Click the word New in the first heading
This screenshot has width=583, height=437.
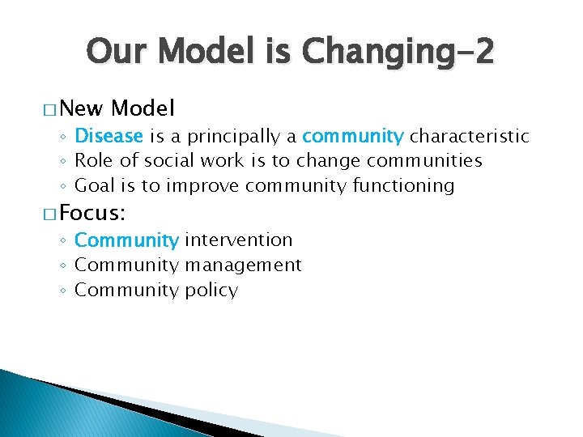click(x=81, y=108)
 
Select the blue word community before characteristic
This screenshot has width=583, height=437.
click(x=352, y=136)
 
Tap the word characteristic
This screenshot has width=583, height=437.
click(x=469, y=136)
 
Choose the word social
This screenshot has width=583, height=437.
click(x=164, y=161)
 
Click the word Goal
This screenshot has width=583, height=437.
click(x=94, y=186)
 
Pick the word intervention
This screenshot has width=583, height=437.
click(x=239, y=240)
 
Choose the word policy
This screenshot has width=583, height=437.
click(x=211, y=290)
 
